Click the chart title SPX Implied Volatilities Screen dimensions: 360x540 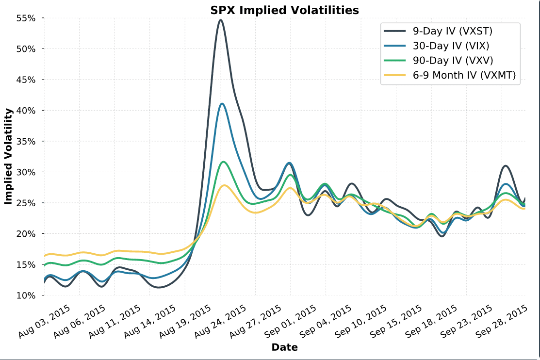(284, 10)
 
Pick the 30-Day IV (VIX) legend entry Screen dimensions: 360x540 (451, 46)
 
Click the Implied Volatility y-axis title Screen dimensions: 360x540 (8, 156)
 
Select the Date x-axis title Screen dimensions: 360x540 (284, 347)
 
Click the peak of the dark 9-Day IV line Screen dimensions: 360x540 (220, 20)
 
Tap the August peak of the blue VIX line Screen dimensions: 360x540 (222, 103)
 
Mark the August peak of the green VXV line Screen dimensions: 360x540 (223, 162)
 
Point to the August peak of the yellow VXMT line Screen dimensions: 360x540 (224, 185)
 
